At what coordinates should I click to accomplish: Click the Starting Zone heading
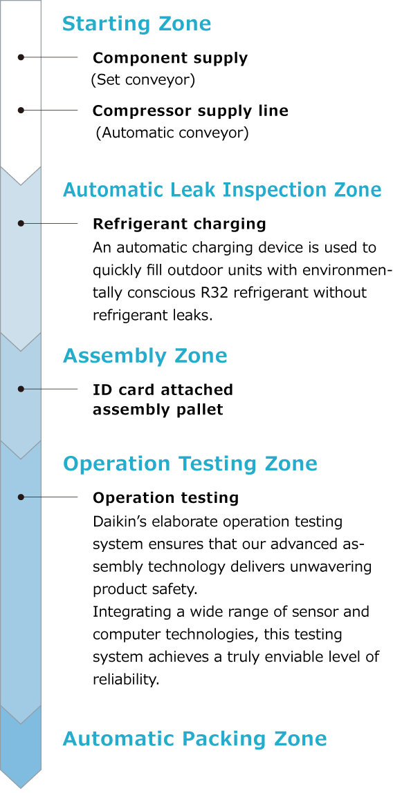[136, 23]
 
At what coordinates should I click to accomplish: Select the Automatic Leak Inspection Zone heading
[222, 190]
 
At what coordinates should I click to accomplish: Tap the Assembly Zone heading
[145, 356]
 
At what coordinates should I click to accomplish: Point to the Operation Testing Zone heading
[190, 464]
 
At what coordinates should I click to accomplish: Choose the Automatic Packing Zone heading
[194, 739]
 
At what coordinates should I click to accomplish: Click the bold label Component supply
[170, 59]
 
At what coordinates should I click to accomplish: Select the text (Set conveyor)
[143, 80]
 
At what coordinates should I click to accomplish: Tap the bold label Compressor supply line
[190, 111]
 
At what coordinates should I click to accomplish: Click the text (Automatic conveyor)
[173, 133]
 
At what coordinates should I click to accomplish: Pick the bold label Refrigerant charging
[179, 224]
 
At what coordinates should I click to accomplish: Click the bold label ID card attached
[163, 390]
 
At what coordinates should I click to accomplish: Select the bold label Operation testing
[165, 497]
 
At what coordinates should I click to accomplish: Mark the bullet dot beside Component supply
[21, 57]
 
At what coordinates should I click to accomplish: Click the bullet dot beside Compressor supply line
[21, 110]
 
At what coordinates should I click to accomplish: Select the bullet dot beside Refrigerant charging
[21, 223]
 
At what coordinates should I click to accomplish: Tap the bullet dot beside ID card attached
[21, 389]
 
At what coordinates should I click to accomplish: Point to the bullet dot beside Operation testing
[21, 497]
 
